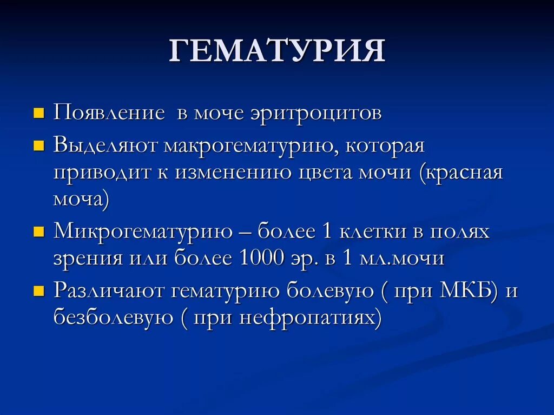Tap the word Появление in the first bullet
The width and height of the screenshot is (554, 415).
coord(109,113)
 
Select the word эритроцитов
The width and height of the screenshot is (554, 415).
coord(316,113)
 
